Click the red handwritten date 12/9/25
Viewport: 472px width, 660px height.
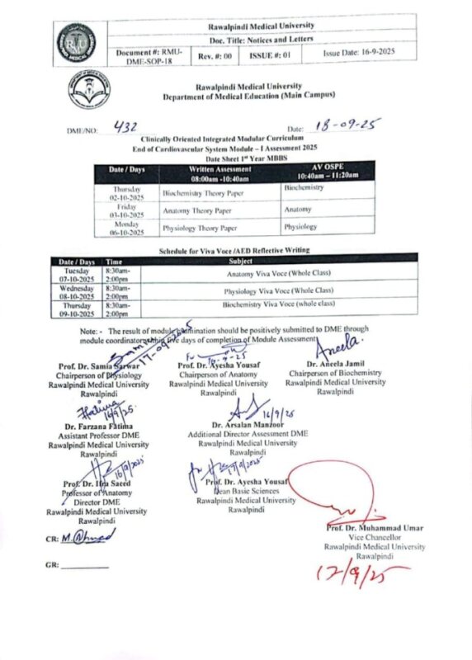click(x=368, y=572)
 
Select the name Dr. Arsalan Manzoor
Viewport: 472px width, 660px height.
click(x=253, y=424)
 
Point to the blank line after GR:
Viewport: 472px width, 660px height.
click(x=84, y=566)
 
